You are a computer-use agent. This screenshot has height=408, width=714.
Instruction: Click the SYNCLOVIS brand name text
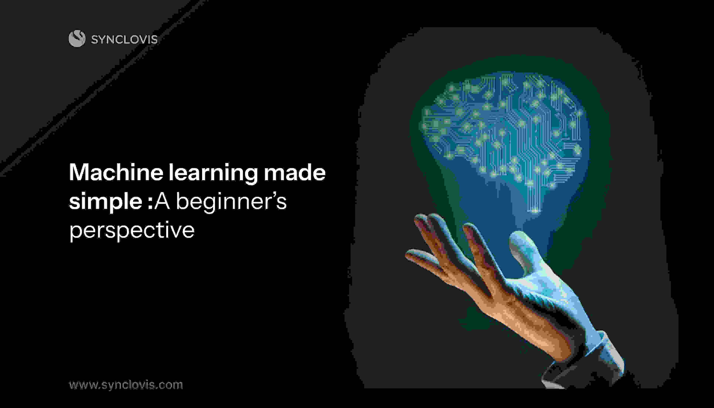[124, 39]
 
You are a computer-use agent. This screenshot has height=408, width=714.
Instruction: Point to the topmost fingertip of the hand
[420, 217]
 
